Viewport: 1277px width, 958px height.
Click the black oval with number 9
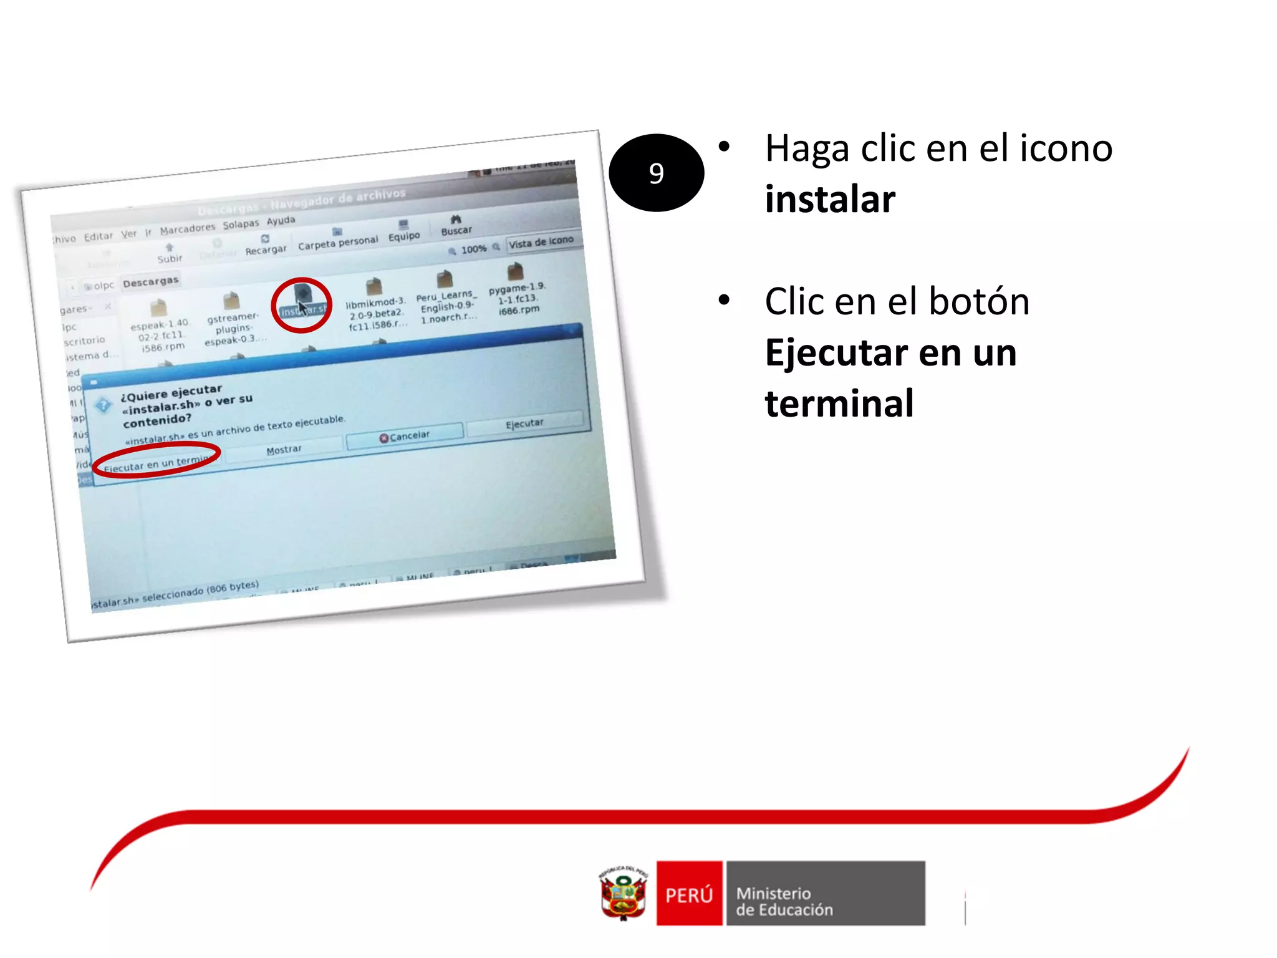point(656,173)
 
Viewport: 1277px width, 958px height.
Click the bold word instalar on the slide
point(830,200)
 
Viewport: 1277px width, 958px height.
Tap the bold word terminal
point(839,404)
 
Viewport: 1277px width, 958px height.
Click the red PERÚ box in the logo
point(689,894)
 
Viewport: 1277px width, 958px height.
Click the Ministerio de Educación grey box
point(825,894)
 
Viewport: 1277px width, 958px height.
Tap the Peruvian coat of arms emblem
point(623,893)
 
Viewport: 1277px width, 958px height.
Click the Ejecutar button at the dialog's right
point(524,423)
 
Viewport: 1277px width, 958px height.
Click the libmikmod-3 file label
point(376,314)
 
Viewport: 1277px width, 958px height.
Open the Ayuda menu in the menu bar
point(281,221)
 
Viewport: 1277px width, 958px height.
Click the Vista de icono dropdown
point(541,241)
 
